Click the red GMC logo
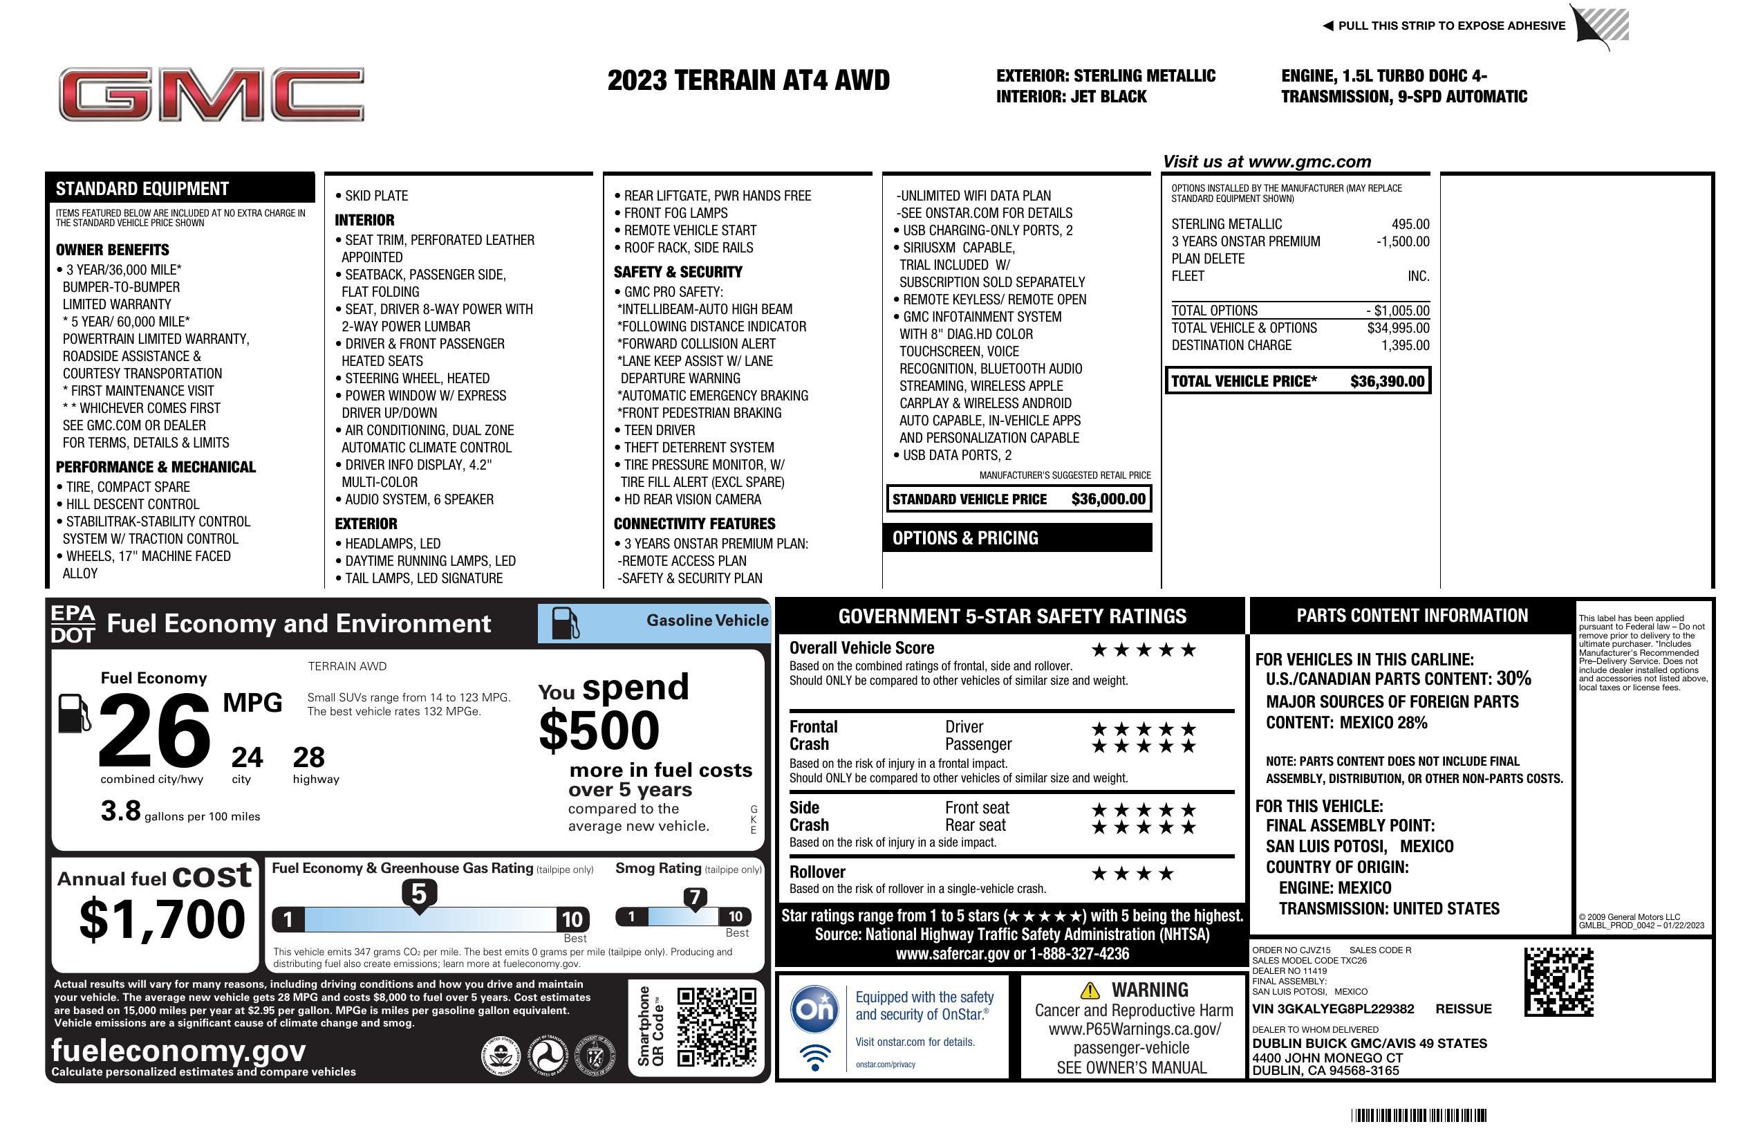[x=211, y=95]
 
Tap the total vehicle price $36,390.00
[x=1387, y=382]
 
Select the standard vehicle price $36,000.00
[x=1108, y=499]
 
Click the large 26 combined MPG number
[x=154, y=730]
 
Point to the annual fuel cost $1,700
[x=162, y=919]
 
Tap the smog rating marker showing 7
[x=694, y=899]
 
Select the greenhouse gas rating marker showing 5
[x=418, y=894]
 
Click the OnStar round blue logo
[x=814, y=1009]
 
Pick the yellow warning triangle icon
[x=1090, y=990]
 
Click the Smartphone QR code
[x=716, y=1026]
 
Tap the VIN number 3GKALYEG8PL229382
[x=1333, y=1009]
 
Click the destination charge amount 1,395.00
[x=1405, y=345]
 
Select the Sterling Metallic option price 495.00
[x=1410, y=225]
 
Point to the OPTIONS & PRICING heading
[x=964, y=539]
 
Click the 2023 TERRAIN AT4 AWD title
[x=748, y=81]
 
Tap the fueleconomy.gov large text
[x=178, y=1051]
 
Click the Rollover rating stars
[x=1132, y=874]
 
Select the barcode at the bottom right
[x=1418, y=1115]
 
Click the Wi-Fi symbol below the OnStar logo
[x=815, y=1057]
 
